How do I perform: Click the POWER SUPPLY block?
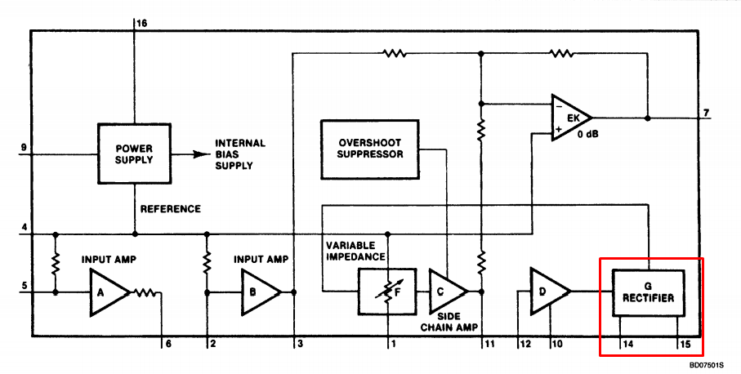point(134,154)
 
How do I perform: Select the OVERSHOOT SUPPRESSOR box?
point(370,149)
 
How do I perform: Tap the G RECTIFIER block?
point(649,293)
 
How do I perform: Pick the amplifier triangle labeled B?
point(261,292)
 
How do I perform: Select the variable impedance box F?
point(387,292)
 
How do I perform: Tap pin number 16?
point(141,23)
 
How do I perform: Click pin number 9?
point(23,147)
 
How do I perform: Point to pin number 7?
point(706,114)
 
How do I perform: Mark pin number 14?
point(627,345)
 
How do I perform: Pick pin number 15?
point(685,345)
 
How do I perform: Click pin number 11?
point(489,345)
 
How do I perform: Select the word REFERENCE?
point(171,209)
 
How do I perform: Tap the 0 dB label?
point(587,134)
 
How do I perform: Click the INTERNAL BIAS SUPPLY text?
point(240,154)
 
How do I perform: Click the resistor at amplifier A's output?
point(145,293)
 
